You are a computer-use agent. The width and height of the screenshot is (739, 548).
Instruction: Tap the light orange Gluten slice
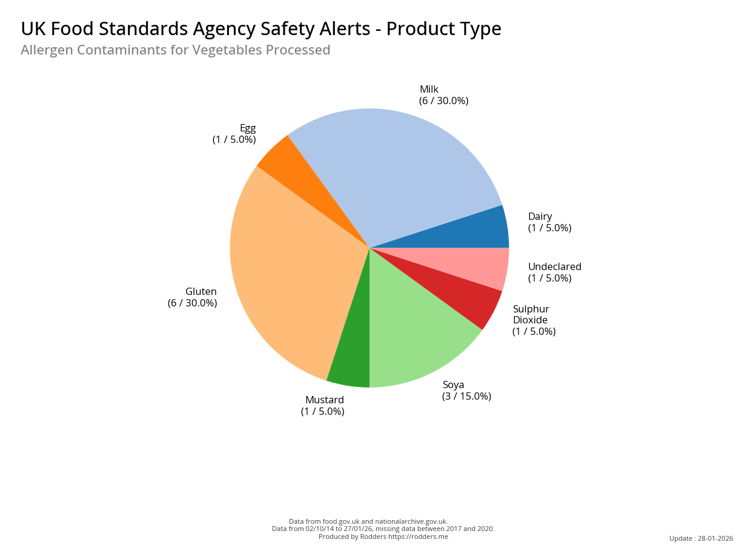tap(291, 266)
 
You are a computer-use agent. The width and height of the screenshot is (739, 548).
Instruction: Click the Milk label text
tap(429, 90)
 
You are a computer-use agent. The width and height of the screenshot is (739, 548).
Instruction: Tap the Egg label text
tap(248, 128)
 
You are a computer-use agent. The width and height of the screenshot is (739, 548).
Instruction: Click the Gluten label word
tap(201, 292)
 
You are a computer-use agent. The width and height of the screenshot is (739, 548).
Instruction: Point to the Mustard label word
tap(325, 400)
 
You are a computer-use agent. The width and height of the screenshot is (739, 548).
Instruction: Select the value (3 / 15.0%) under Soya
tap(466, 397)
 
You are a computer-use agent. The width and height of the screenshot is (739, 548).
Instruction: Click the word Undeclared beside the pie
tap(554, 267)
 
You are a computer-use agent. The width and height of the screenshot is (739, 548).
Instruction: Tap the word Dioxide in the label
tap(530, 320)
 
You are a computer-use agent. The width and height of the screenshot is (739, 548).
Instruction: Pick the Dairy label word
tap(540, 217)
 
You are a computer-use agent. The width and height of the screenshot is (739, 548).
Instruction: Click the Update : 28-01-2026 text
tap(701, 538)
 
